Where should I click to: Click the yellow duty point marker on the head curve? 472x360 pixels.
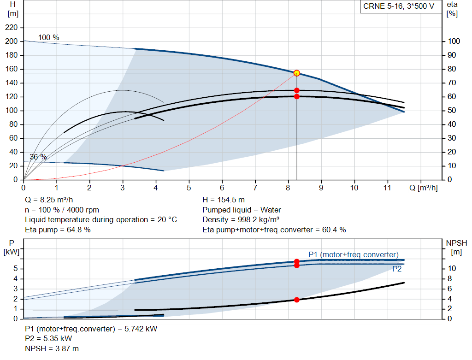click(297, 73)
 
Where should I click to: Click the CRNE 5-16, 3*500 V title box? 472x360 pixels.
click(398, 7)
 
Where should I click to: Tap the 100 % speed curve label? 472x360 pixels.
click(48, 37)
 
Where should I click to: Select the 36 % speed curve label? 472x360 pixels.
click(38, 157)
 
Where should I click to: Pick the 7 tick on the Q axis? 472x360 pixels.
click(255, 188)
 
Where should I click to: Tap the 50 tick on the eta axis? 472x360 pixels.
click(453, 111)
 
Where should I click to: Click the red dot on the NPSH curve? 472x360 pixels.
click(297, 300)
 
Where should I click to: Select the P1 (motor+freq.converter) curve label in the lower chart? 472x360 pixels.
click(353, 254)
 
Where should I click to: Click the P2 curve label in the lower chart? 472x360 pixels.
click(397, 269)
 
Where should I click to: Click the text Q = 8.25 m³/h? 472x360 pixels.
click(49, 200)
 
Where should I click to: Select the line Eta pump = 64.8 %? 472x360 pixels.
click(58, 230)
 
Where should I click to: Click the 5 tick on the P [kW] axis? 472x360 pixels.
click(15, 268)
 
